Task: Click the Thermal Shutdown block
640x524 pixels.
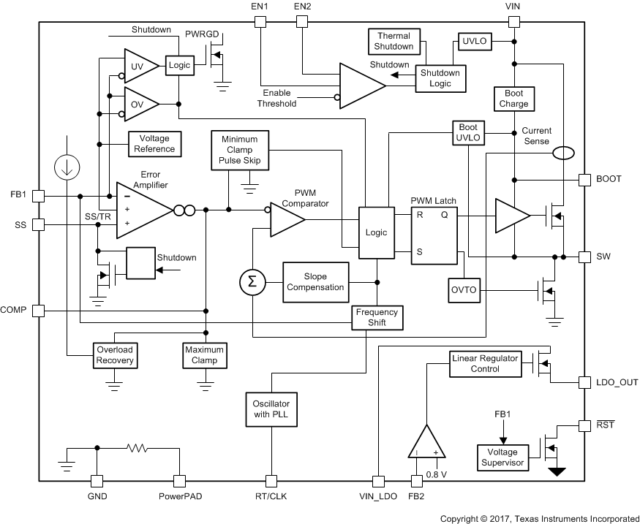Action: pos(394,41)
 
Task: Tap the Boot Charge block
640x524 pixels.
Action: pos(513,99)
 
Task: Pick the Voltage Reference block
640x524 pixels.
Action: pos(154,143)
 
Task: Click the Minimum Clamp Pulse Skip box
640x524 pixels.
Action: pos(239,149)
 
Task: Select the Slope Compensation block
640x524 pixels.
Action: pos(315,282)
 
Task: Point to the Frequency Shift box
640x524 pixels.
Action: pos(377,317)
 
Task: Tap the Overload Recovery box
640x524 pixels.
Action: pos(115,355)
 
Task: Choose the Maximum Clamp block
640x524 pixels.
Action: pos(204,355)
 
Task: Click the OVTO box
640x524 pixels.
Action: pos(462,290)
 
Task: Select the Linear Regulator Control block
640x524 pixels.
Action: pos(484,363)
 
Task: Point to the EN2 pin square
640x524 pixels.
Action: pos(301,22)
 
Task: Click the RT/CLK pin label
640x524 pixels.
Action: pos(271,496)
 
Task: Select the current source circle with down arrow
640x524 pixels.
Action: pos(67,167)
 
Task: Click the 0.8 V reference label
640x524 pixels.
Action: pos(437,474)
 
